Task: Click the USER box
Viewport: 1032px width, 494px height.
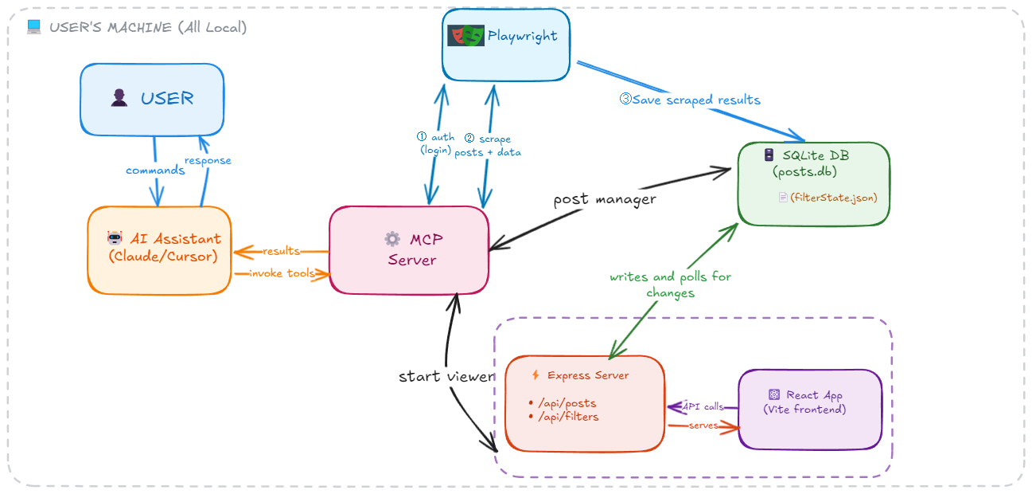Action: pyautogui.click(x=152, y=99)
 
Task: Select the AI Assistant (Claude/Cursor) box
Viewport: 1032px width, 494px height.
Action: pyautogui.click(x=159, y=249)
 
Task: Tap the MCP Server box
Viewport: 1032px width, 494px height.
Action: pyautogui.click(x=409, y=249)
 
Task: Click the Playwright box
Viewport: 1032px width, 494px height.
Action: pyautogui.click(x=506, y=45)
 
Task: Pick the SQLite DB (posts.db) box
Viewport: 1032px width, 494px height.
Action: pyautogui.click(x=813, y=183)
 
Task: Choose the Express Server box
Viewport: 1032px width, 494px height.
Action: pyautogui.click(x=585, y=402)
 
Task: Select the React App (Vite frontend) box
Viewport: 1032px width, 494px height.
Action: pyautogui.click(x=810, y=409)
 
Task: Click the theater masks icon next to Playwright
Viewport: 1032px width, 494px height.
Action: pyautogui.click(x=465, y=35)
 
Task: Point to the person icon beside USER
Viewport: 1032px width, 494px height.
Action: pyautogui.click(x=119, y=98)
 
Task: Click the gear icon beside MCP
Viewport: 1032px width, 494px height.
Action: pyautogui.click(x=392, y=238)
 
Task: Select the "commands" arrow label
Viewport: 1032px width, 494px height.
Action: pyautogui.click(x=155, y=171)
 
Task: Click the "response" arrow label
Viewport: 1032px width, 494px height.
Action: pyautogui.click(x=208, y=160)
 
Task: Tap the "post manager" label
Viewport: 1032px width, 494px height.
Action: pyautogui.click(x=605, y=199)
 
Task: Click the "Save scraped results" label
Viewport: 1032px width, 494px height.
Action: pyautogui.click(x=690, y=100)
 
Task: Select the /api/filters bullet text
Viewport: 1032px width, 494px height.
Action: pyautogui.click(x=568, y=417)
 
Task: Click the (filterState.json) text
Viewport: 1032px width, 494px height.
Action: pyautogui.click(x=833, y=197)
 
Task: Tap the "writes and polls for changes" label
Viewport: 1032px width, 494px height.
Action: pyautogui.click(x=670, y=284)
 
